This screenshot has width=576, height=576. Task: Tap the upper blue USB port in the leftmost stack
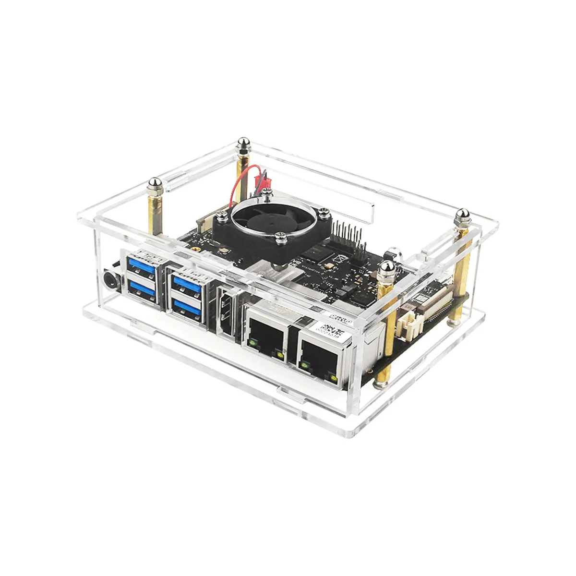(142, 265)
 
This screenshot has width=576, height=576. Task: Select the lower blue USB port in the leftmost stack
(142, 289)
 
